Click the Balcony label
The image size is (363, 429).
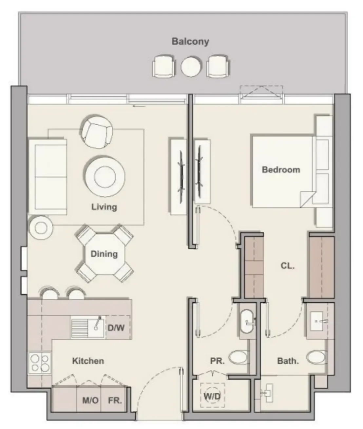pos(190,42)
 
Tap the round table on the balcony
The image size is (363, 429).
pos(191,67)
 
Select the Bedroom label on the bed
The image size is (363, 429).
pos(281,170)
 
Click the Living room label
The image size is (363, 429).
pos(104,207)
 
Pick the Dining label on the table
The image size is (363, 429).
pos(104,254)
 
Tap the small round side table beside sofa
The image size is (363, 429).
pos(41,228)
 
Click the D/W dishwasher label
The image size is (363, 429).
pos(117,327)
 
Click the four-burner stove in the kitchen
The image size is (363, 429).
pos(40,363)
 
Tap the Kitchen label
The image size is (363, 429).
pos(88,361)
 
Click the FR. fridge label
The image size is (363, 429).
pos(115,401)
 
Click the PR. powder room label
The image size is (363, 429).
pos(217,361)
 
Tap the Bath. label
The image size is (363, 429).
pos(288,361)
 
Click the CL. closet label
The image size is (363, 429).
pos(288,266)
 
